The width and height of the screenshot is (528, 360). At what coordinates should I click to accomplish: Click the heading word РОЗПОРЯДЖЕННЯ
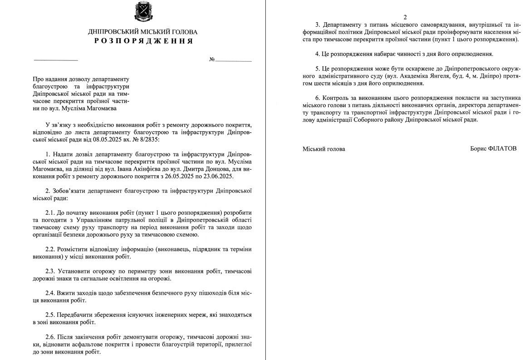pos(143,41)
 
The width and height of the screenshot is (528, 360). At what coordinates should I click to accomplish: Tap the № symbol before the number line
pos(211,59)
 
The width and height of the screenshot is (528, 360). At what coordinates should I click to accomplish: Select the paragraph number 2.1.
pos(50,212)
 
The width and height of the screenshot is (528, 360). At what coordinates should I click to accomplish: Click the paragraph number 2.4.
pos(50,293)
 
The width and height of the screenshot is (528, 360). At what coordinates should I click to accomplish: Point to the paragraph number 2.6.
pos(50,337)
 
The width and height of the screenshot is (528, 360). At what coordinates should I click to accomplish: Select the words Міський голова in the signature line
pos(323,148)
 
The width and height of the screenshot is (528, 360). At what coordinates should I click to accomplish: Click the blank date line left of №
pos(56,60)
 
